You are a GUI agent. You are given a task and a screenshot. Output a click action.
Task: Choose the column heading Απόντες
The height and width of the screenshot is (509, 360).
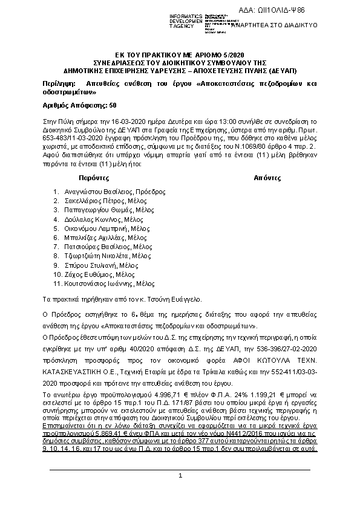pos(267,179)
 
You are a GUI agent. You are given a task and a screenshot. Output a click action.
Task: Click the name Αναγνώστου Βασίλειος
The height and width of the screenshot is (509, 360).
pos(98,191)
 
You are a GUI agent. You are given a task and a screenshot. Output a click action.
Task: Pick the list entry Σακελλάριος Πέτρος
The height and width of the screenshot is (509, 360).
pos(93,200)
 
